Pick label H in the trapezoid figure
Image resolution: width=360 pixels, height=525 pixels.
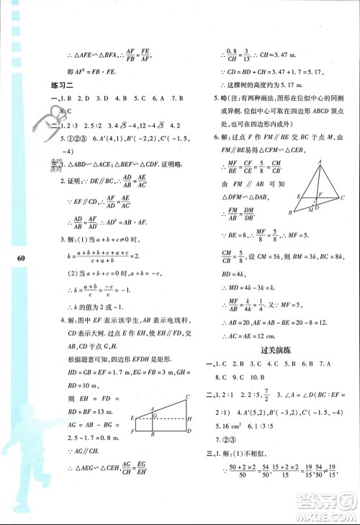point(187,418)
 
